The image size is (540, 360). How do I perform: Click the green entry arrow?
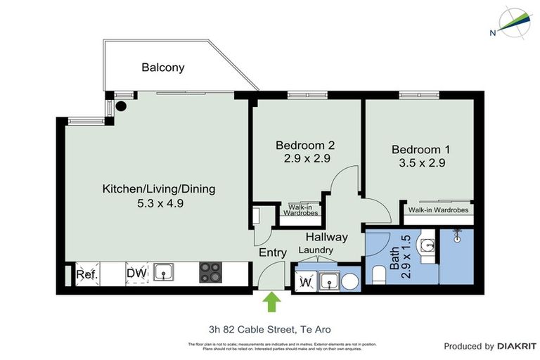coord(271,303)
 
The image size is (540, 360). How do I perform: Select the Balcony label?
coord(163,67)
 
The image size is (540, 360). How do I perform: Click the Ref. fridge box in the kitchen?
coord(86,274)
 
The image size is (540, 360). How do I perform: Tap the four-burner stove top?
coord(210,272)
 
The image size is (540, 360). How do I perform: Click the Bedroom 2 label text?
coord(304,146)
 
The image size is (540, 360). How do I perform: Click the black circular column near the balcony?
coord(121,107)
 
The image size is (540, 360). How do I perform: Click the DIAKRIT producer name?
coord(517,346)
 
